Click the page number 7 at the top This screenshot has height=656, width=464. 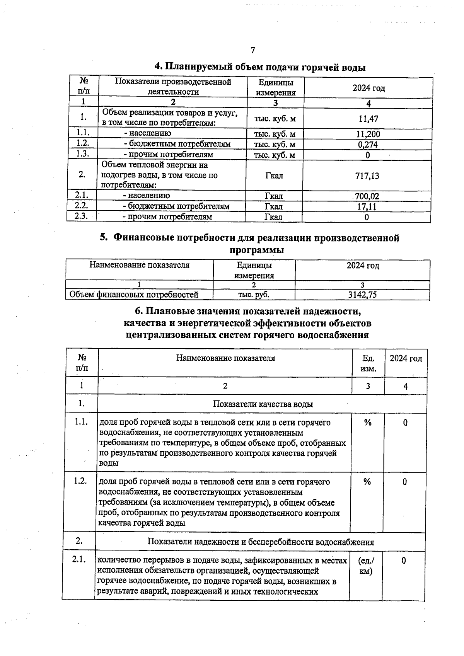253,50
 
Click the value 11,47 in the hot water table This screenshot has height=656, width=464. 368,119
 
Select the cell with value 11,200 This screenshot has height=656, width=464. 368,134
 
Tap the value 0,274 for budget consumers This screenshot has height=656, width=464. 368,145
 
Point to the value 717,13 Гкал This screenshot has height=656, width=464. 367,176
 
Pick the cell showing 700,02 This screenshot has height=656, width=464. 367,196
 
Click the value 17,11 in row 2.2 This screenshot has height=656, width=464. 367,207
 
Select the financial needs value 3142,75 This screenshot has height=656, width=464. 362,295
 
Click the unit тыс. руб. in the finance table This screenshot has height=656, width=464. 254,295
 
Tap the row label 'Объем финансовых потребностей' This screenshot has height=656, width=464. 134,295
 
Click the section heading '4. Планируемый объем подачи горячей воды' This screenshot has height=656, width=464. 260,67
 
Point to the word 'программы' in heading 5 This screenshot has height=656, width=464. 257,250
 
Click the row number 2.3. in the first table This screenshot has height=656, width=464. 81,216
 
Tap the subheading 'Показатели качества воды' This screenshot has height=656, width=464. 263,404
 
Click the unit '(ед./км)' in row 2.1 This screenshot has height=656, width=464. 366,566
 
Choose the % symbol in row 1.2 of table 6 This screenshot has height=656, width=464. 367,482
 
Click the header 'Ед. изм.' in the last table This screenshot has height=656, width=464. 368,363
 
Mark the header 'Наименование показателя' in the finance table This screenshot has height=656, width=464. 140,265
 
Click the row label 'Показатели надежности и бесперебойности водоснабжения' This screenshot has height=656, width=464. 261,542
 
